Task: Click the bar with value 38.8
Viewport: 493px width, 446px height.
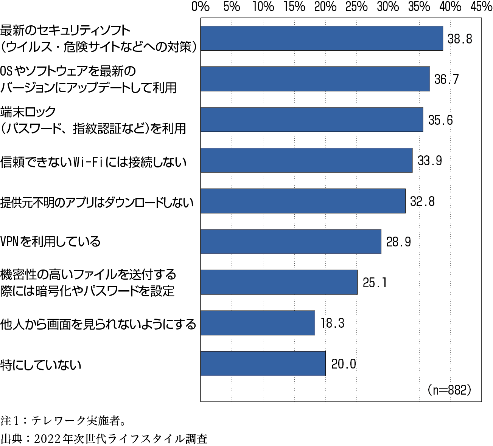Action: (322, 38)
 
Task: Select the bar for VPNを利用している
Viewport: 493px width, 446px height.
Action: (291, 242)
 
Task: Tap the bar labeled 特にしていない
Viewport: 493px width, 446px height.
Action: (263, 364)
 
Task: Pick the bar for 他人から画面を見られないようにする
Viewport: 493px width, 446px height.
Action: (258, 323)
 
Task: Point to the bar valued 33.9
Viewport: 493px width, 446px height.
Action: (306, 160)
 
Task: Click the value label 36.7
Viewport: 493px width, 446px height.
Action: (446, 79)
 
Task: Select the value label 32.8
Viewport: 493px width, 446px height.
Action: (423, 201)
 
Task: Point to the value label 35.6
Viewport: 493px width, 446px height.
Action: (440, 120)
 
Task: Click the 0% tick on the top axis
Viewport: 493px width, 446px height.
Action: (201, 7)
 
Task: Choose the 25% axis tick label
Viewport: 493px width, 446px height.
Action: (357, 7)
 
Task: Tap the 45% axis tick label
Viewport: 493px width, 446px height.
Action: (481, 7)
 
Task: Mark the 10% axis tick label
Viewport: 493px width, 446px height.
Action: (263, 7)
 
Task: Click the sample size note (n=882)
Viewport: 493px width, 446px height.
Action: (449, 389)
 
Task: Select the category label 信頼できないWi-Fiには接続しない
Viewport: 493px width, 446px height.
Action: (93, 162)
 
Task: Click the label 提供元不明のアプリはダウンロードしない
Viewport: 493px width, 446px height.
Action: (97, 203)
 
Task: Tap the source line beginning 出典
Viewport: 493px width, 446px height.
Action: (104, 439)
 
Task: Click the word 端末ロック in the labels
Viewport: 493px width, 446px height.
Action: (28, 112)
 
